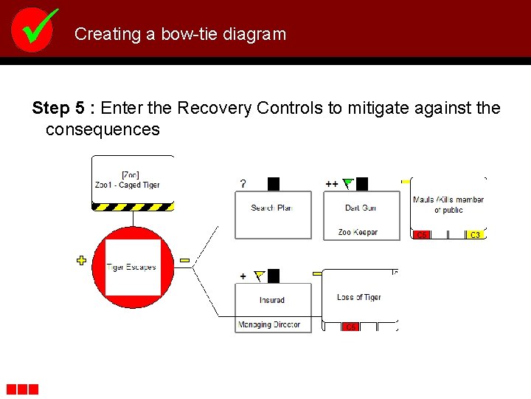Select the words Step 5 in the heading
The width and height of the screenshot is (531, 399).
[57, 109]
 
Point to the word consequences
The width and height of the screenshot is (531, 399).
[103, 130]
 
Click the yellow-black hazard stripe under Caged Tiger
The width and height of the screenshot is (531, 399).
[133, 206]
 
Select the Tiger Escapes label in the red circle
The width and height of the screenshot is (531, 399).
[132, 267]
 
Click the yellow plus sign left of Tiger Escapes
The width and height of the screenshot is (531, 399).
[81, 259]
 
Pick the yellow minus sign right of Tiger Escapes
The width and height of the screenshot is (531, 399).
[184, 259]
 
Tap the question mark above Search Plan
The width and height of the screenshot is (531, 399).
[243, 183]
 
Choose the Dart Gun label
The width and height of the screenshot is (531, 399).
[361, 208]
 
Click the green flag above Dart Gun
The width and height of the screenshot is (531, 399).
[349, 183]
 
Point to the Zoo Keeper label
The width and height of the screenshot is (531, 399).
[358, 232]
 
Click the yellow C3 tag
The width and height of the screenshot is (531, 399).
[476, 235]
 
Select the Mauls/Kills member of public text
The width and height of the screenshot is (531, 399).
[448, 205]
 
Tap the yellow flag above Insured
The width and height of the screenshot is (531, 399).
[259, 276]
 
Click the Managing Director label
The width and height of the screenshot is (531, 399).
[269, 324]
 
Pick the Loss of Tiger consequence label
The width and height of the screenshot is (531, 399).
[359, 297]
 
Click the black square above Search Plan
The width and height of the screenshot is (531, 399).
[274, 184]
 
